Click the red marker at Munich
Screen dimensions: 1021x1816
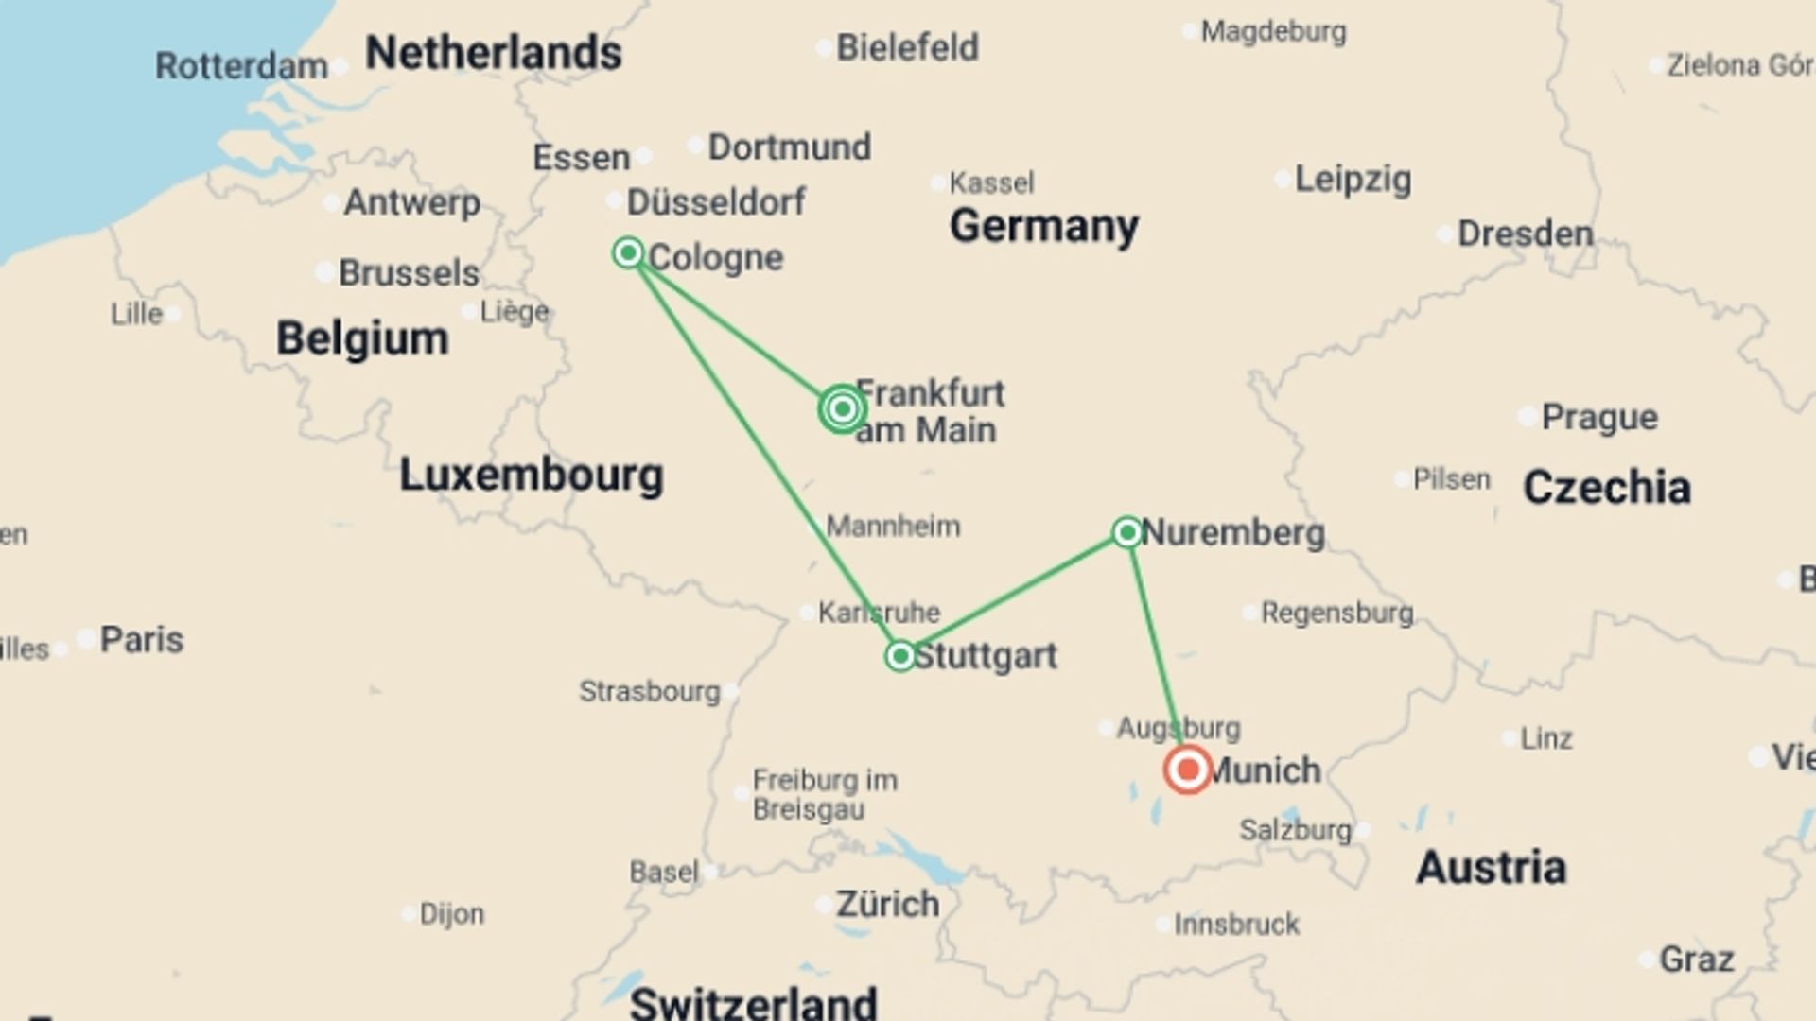point(1187,770)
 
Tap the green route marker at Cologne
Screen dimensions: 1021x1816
point(628,252)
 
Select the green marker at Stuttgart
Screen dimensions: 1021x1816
point(899,655)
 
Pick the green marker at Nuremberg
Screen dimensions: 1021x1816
point(1126,532)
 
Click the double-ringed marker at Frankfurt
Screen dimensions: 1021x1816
point(842,409)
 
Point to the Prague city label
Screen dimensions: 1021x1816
point(1598,417)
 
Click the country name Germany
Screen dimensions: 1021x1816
point(1043,227)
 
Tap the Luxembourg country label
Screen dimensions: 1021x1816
point(531,475)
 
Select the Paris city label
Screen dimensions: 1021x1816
point(142,640)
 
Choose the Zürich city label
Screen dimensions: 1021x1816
point(887,905)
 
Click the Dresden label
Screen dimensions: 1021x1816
point(1525,234)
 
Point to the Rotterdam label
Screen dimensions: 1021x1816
point(241,66)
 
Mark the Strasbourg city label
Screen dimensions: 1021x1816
point(650,691)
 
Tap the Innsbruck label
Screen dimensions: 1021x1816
point(1236,924)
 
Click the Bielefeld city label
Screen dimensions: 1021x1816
point(907,47)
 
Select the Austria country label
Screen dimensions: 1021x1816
point(1491,868)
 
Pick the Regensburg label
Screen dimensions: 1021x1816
point(1336,613)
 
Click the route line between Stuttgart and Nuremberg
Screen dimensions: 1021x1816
point(1012,595)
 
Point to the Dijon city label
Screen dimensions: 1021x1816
point(451,914)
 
